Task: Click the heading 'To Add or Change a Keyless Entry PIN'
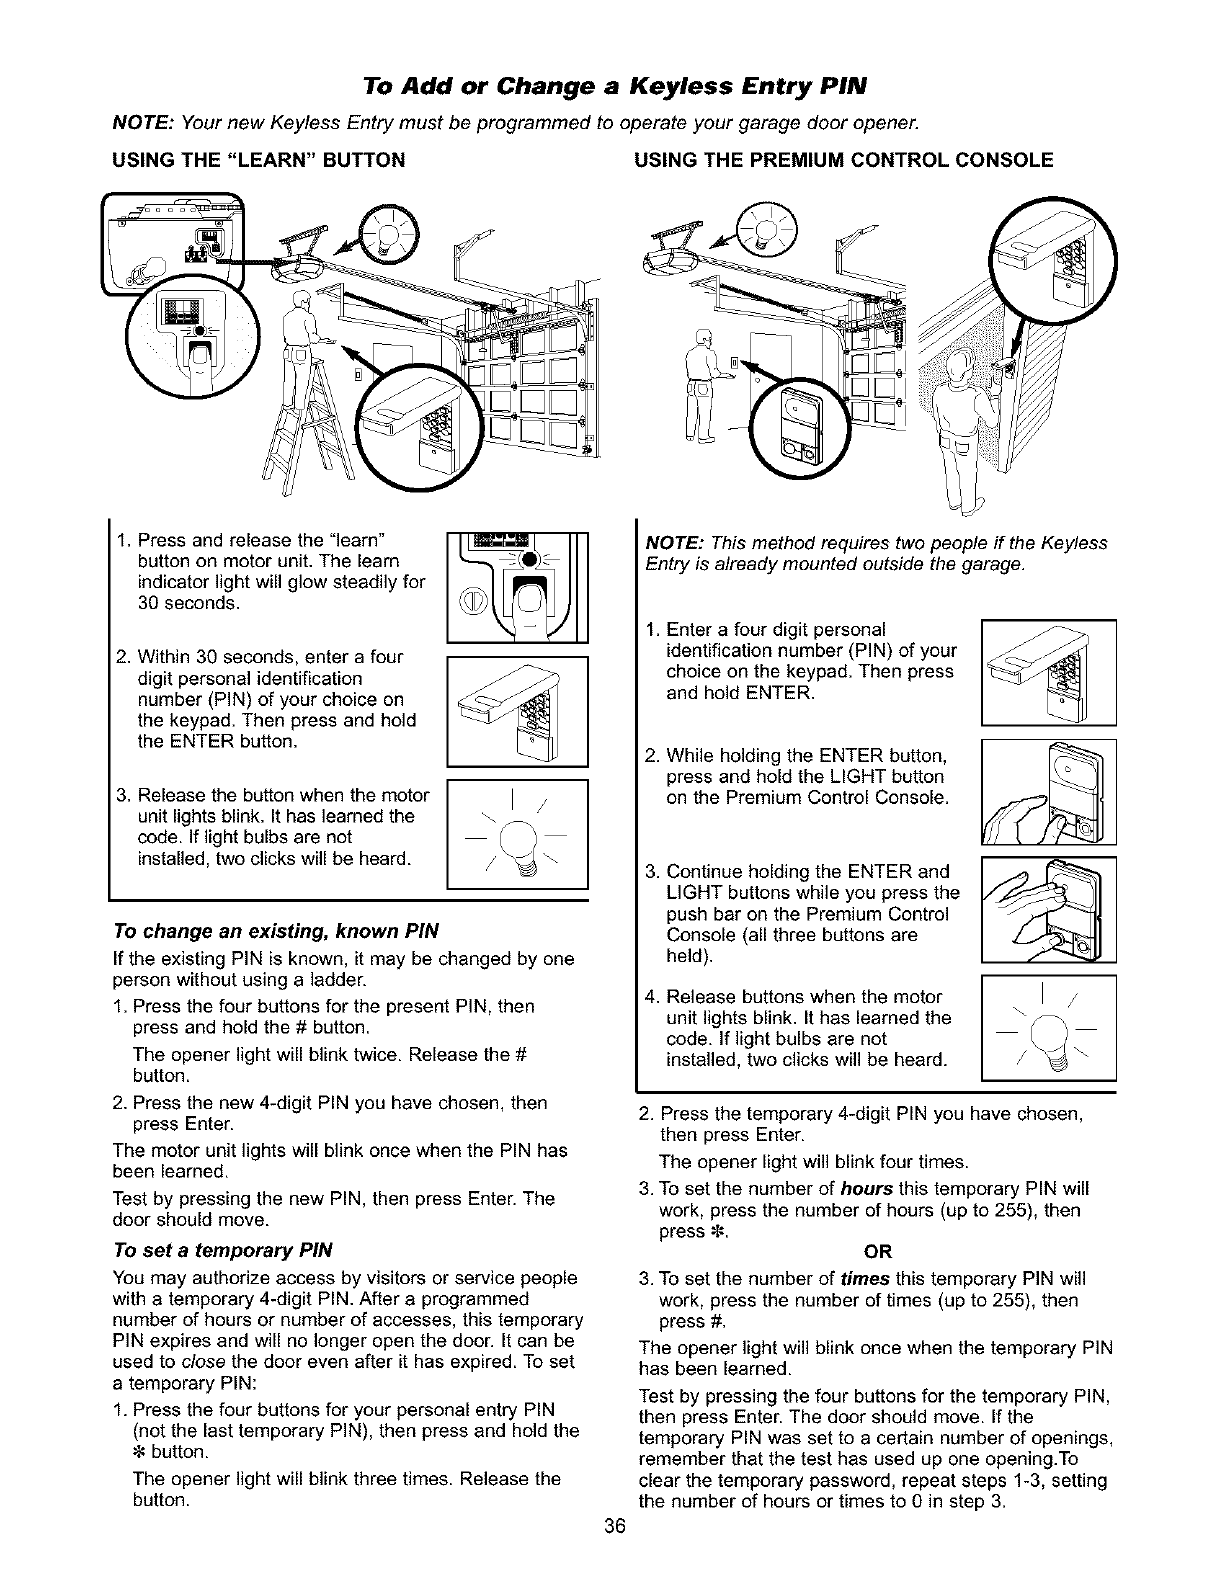coord(611,82)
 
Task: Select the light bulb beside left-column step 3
coord(517,833)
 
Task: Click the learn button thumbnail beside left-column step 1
coord(517,588)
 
